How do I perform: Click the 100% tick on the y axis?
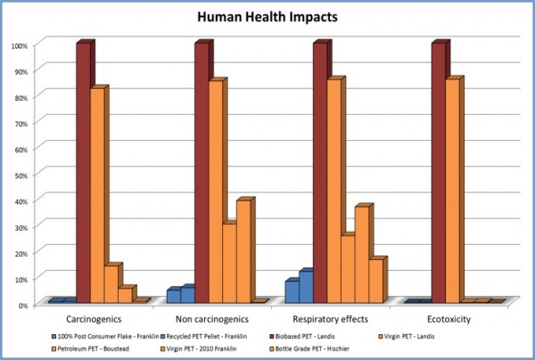(x=19, y=45)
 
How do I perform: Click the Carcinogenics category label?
(x=95, y=317)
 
